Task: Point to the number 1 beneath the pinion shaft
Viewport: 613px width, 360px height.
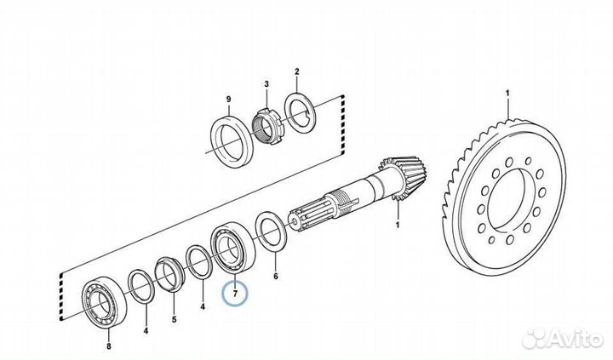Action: pos(396,225)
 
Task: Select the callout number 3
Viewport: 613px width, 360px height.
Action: pos(266,83)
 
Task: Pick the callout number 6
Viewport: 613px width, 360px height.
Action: pos(274,277)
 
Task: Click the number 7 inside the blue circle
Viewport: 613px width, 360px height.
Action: pos(233,294)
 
